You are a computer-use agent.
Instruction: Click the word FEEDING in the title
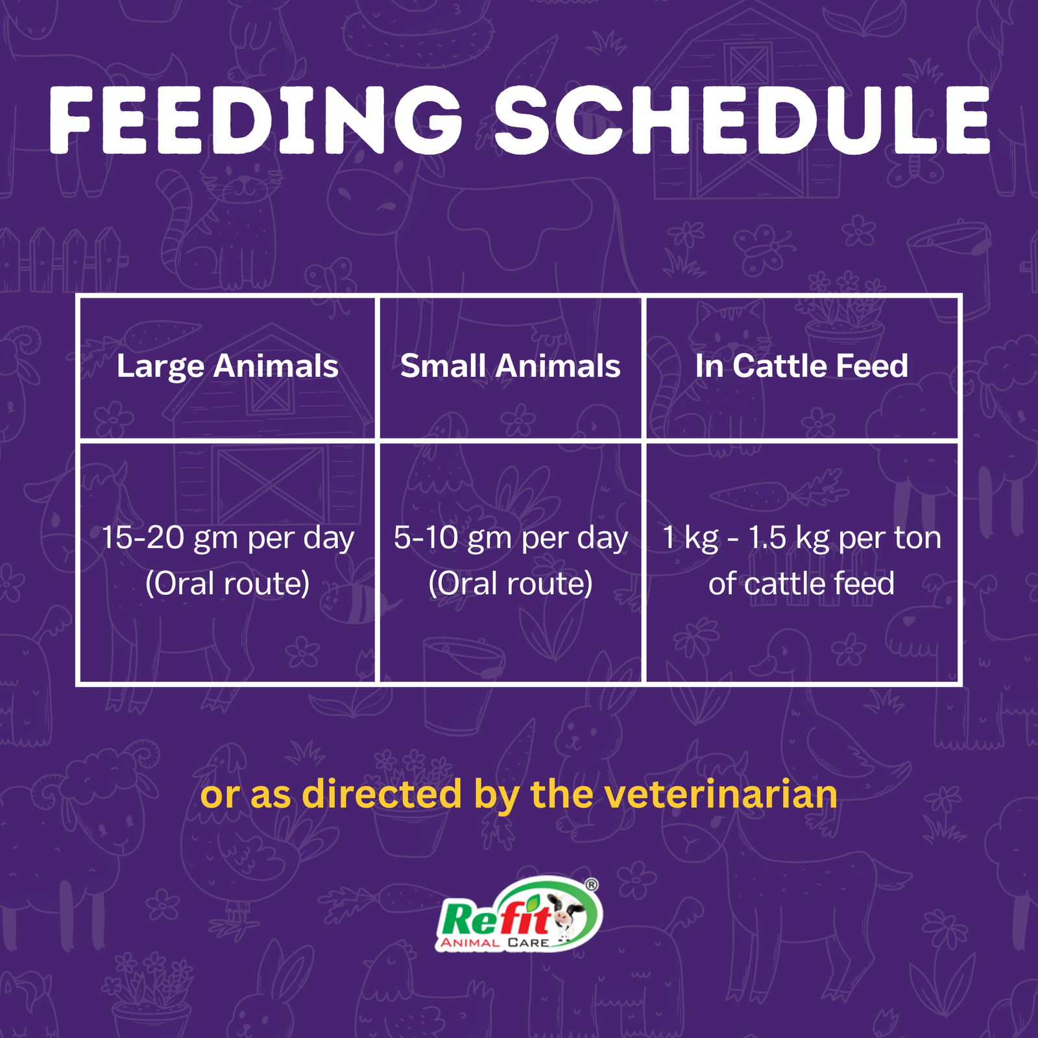pos(256,120)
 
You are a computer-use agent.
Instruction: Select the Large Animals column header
pos(227,367)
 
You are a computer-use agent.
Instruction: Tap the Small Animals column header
pos(511,366)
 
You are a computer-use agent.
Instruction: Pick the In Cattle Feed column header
pos(801,366)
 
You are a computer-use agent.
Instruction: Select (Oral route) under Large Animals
pos(227,583)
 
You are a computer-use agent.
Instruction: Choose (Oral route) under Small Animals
pos(511,583)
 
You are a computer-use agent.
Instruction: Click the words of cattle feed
pos(801,583)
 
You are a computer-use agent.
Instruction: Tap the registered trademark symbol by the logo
pos(592,885)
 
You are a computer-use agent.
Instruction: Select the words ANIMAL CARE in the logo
pos(494,942)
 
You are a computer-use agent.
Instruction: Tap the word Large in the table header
pos(160,367)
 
